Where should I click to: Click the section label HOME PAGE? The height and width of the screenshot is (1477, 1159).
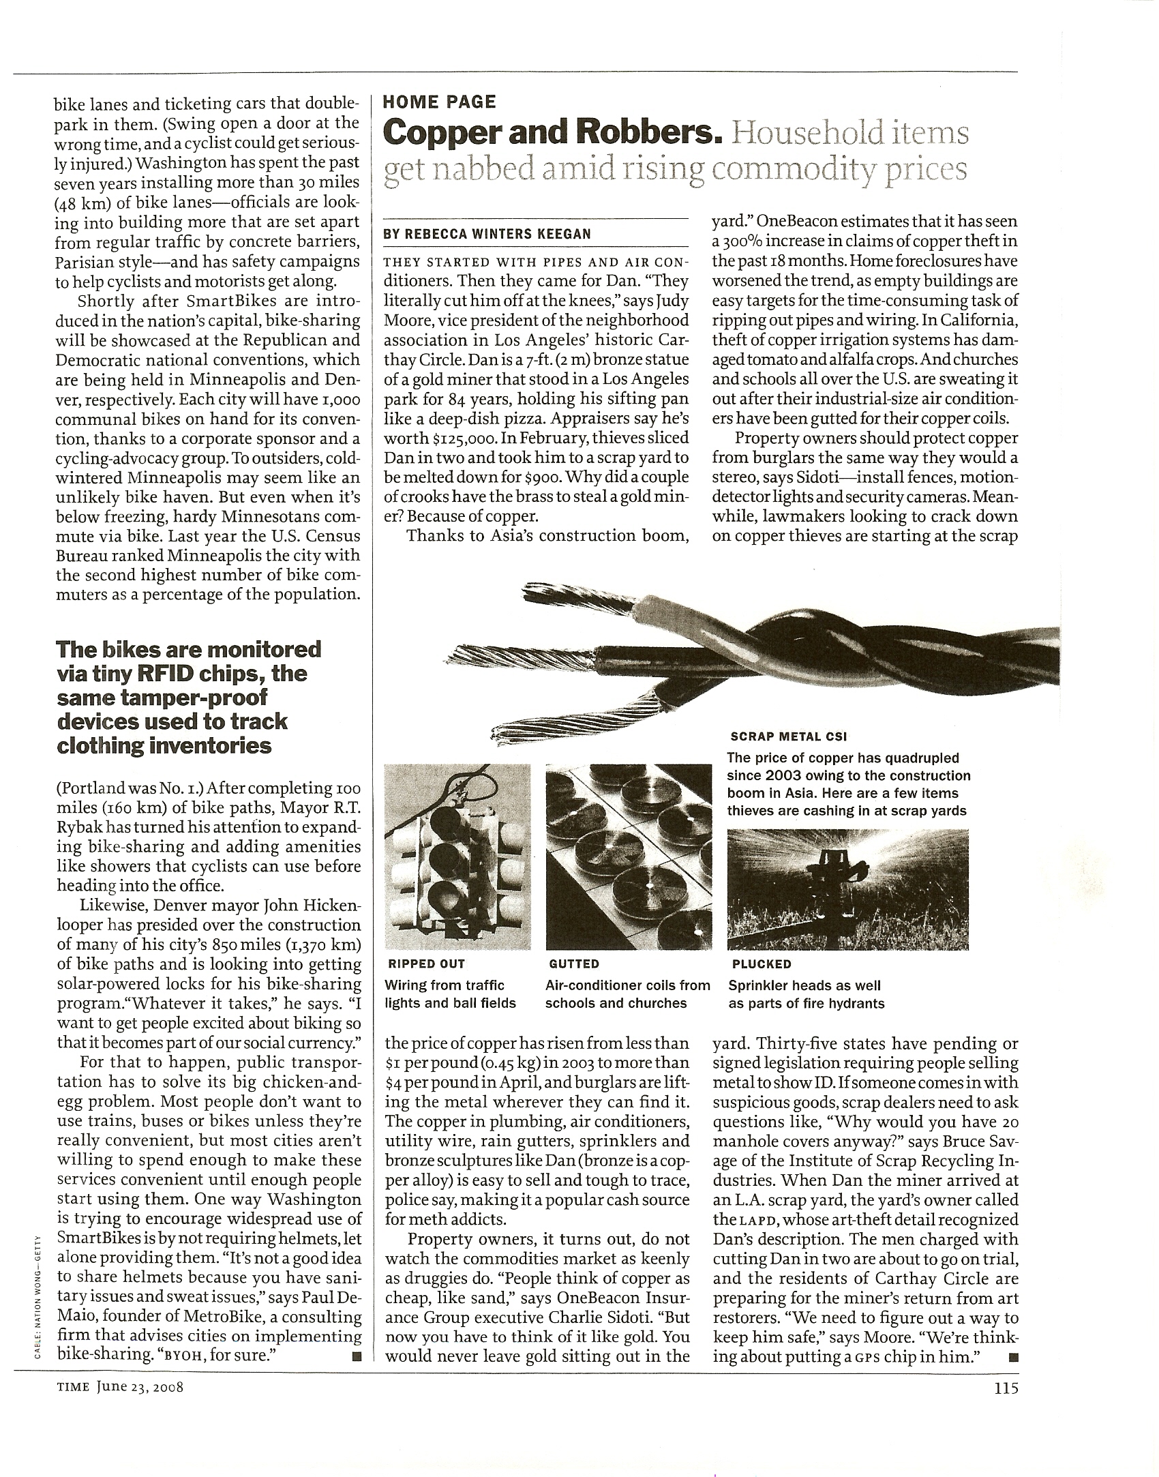pyautogui.click(x=439, y=102)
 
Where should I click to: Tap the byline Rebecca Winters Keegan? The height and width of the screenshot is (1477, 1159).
pyautogui.click(x=487, y=234)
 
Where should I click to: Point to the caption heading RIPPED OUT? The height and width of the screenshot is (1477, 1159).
pyautogui.click(x=426, y=964)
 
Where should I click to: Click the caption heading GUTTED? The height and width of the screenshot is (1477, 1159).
pyautogui.click(x=574, y=964)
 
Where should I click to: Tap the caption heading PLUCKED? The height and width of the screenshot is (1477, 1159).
pyautogui.click(x=761, y=964)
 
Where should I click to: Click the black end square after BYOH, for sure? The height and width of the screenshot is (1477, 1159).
pyautogui.click(x=356, y=1356)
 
